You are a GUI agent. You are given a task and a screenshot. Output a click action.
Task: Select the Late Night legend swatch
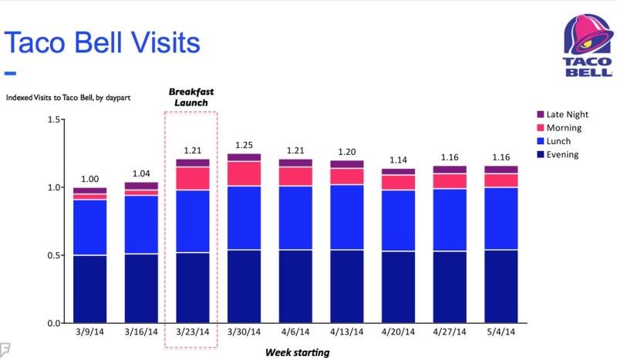click(x=539, y=115)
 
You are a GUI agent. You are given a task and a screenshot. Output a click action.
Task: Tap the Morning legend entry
click(x=563, y=128)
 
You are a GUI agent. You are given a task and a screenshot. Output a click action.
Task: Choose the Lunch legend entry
click(x=559, y=142)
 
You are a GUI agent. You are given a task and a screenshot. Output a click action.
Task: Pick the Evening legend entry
click(x=562, y=155)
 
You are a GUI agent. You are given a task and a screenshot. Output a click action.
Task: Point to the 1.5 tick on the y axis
click(x=54, y=119)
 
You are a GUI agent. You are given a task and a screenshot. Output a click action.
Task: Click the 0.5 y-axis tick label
click(x=54, y=255)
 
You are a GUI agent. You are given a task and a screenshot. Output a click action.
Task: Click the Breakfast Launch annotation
click(x=191, y=97)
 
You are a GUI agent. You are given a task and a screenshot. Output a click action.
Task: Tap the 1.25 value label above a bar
click(x=244, y=145)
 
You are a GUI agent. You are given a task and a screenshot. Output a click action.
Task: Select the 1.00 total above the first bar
click(x=90, y=179)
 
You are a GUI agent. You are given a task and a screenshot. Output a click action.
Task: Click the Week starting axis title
click(x=297, y=352)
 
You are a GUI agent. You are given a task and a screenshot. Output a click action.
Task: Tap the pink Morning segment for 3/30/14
click(x=244, y=173)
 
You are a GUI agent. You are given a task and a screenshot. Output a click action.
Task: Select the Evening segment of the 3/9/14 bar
click(x=90, y=288)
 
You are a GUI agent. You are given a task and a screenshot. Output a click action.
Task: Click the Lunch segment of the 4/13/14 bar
click(x=346, y=217)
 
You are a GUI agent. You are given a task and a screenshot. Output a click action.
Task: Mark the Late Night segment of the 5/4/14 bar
click(x=500, y=170)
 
